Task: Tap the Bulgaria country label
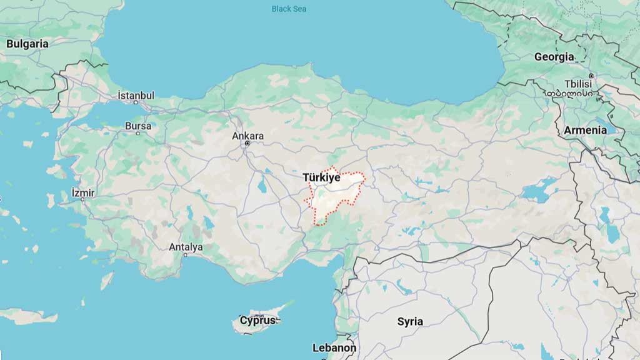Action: (x=27, y=44)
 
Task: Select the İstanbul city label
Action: (x=136, y=96)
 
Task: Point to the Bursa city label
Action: (x=137, y=126)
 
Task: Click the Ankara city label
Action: (x=247, y=136)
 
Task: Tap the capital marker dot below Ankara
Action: (x=247, y=144)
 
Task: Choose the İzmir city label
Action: (x=83, y=192)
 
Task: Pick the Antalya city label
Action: (x=186, y=247)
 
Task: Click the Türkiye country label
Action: (x=321, y=177)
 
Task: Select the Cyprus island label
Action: (x=257, y=321)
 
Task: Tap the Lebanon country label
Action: (x=334, y=348)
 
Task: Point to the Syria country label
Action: (x=410, y=322)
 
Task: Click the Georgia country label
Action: (x=554, y=57)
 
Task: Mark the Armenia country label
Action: (x=585, y=130)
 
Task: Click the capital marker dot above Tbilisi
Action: (x=591, y=76)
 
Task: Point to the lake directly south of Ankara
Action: (x=261, y=186)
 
